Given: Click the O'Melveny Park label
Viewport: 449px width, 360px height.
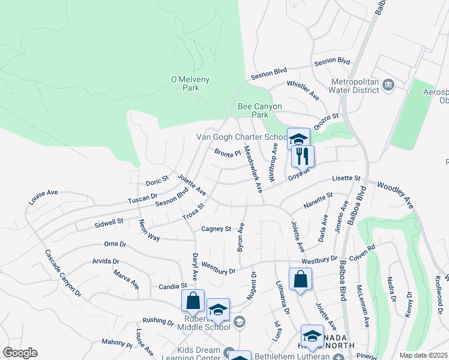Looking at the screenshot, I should (x=185, y=83).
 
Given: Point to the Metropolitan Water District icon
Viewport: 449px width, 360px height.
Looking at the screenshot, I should (x=388, y=85).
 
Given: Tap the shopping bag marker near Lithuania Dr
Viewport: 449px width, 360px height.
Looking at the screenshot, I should (x=300, y=280).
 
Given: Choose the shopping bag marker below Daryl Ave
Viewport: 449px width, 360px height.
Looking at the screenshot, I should (x=193, y=300).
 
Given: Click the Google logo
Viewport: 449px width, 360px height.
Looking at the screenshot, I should (x=19, y=353).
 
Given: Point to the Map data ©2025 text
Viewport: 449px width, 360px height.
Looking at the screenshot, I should (x=424, y=355).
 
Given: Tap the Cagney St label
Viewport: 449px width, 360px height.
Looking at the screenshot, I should (x=216, y=229).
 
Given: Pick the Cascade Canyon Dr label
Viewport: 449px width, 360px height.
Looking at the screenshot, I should (x=62, y=272).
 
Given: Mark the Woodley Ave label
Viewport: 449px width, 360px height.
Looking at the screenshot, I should (x=394, y=196).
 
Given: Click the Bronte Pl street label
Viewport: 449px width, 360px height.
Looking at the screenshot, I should (x=228, y=153).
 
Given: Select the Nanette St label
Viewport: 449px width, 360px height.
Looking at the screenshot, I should (x=318, y=200).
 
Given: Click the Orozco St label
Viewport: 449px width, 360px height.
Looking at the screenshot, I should (x=327, y=121).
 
